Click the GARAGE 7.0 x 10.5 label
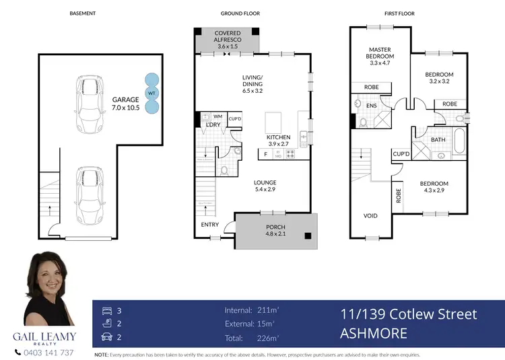(125, 104)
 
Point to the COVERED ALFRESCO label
(228, 40)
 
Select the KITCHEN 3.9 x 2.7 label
(279, 141)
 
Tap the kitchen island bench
(274, 123)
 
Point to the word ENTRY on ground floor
(209, 225)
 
